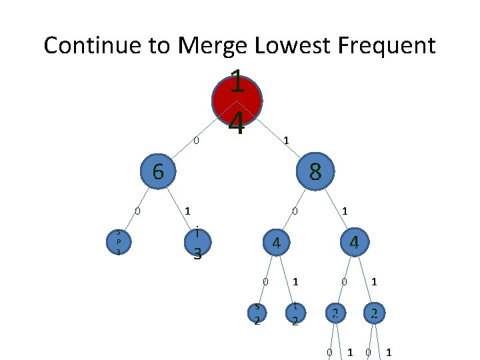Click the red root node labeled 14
pos(237,101)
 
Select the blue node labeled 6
pos(157,171)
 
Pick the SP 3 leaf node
pos(118,241)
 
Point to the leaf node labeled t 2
pos(295,313)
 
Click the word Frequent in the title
pos(387,45)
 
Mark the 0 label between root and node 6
pos(196,141)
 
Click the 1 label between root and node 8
pos(285,141)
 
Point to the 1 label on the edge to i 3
pos(188,211)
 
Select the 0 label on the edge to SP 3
pos(137,211)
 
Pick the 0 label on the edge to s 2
pos(265,282)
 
